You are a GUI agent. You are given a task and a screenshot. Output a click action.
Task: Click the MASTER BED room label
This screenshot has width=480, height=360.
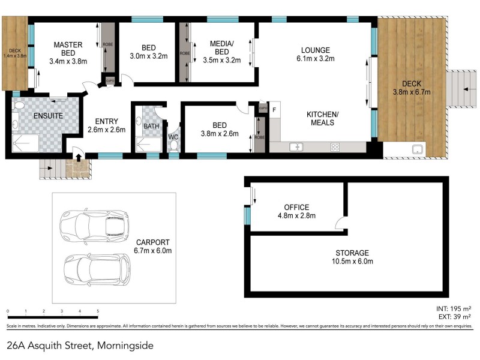click(x=68, y=53)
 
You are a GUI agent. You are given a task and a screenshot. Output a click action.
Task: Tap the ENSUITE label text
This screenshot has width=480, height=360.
click(x=46, y=115)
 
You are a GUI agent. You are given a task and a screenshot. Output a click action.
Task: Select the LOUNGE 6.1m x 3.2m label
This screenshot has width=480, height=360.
click(x=315, y=54)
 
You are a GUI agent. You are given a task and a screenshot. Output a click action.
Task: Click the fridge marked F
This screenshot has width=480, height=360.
click(x=275, y=110)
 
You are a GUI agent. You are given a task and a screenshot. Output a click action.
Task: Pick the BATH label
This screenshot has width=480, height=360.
click(x=150, y=127)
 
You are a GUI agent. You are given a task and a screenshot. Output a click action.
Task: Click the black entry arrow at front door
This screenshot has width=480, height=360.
click(x=77, y=157)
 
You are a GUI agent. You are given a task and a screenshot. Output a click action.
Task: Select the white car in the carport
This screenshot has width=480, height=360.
click(x=94, y=226)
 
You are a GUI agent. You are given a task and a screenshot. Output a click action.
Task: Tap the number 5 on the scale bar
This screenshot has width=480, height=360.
click(x=98, y=311)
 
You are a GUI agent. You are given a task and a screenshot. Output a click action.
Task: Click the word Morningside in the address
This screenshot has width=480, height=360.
click(x=123, y=346)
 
